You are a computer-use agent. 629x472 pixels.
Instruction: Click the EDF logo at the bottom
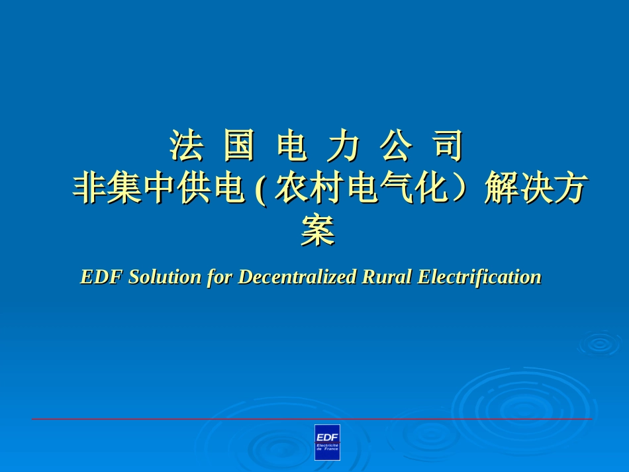click(x=327, y=442)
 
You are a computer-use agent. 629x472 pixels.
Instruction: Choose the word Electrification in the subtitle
click(x=479, y=277)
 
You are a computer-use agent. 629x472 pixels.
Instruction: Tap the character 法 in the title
click(x=185, y=146)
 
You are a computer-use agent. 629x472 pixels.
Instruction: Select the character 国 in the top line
click(x=238, y=146)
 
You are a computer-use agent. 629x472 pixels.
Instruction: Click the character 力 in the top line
click(x=344, y=146)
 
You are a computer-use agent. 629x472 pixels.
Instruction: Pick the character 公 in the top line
click(x=396, y=146)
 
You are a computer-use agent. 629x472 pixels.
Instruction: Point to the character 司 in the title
click(x=448, y=146)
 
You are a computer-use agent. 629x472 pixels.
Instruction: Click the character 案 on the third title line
click(x=317, y=231)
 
